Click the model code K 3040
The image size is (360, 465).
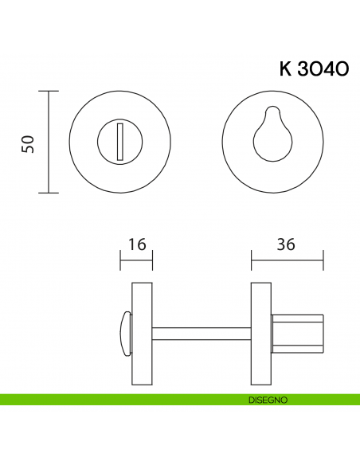(x=313, y=69)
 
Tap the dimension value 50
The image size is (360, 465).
(x=28, y=143)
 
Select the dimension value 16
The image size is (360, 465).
(x=136, y=245)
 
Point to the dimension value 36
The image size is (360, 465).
(x=287, y=245)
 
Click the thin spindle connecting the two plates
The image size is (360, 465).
(x=201, y=329)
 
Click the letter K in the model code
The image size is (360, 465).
(x=285, y=69)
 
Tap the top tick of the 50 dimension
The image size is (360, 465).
(x=49, y=91)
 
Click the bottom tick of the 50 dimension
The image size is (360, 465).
(x=49, y=193)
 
